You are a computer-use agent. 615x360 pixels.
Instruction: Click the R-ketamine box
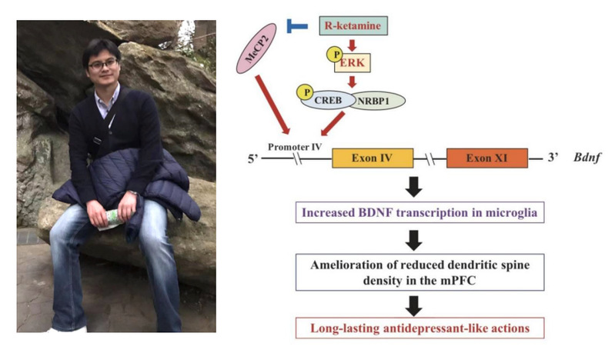[354, 26]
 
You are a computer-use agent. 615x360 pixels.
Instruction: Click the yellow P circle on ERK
[335, 55]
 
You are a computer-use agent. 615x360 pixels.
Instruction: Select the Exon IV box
[372, 158]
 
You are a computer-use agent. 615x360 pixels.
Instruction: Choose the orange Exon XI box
[486, 158]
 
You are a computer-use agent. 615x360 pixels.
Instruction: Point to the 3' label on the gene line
[551, 159]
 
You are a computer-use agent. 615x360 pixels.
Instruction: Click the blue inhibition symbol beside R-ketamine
[296, 26]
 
